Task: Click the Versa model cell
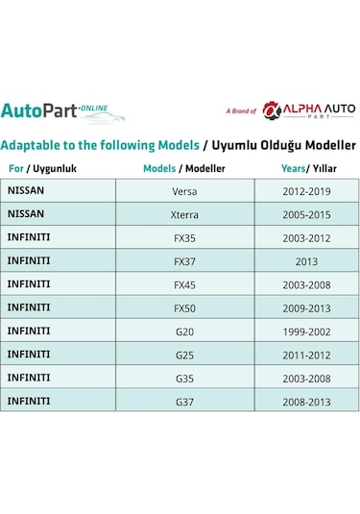click(x=184, y=191)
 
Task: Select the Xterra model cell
click(x=184, y=214)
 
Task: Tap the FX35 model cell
click(x=184, y=238)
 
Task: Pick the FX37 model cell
click(x=184, y=261)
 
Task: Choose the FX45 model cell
click(x=184, y=284)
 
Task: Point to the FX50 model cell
click(x=184, y=307)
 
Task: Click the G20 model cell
click(x=184, y=331)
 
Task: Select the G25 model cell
click(x=184, y=355)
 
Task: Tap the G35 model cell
click(x=184, y=378)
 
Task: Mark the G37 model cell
click(x=184, y=402)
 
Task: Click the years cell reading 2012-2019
click(x=306, y=191)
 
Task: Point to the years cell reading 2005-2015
click(x=306, y=214)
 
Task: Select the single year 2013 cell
click(x=306, y=261)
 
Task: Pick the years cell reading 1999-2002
click(x=306, y=331)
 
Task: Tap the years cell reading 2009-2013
click(x=306, y=307)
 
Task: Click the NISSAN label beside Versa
click(x=26, y=190)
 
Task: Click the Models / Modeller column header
click(x=184, y=167)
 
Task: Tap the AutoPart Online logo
click(x=62, y=110)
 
